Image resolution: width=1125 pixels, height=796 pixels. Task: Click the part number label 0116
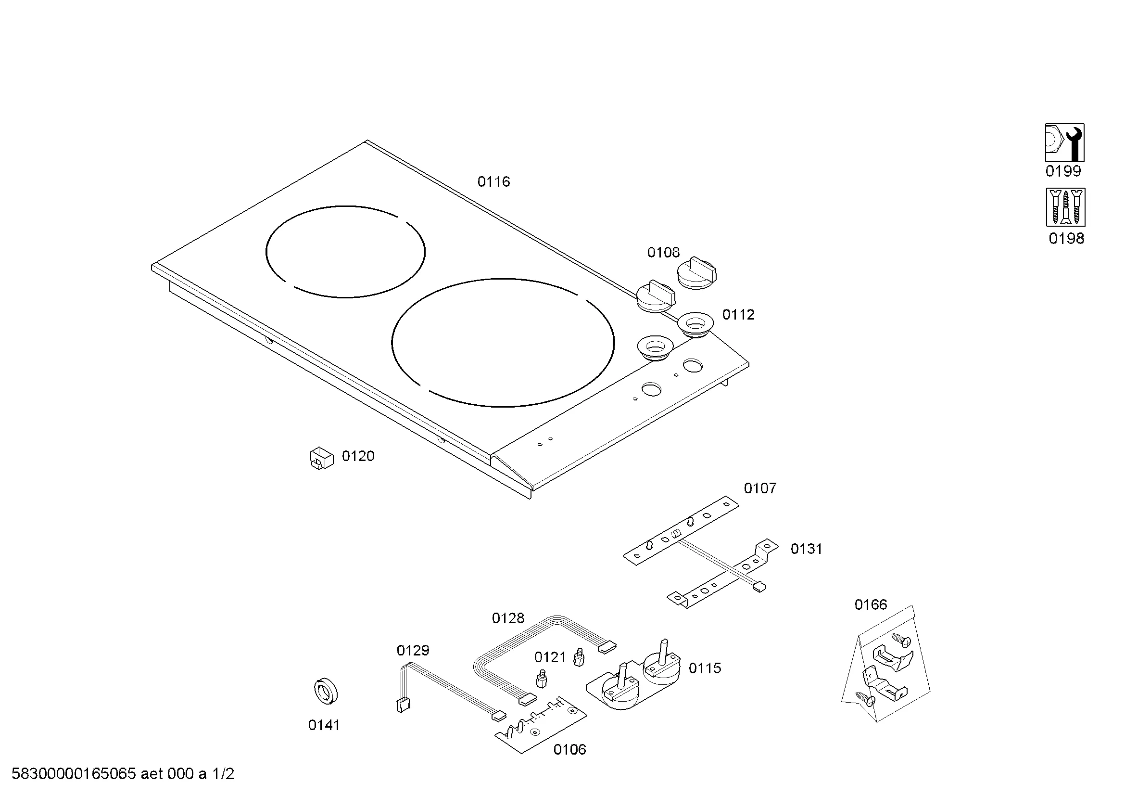(493, 182)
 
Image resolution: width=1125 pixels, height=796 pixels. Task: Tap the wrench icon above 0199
(1064, 142)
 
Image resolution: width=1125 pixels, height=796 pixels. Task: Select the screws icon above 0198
(1065, 207)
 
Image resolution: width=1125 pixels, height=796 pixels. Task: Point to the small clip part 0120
(321, 458)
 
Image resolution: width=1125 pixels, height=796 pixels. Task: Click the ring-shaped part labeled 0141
(325, 692)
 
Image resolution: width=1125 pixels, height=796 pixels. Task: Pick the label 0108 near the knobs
(663, 253)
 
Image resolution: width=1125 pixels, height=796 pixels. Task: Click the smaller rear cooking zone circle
(345, 251)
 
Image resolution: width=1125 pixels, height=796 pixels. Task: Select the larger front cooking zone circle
(502, 343)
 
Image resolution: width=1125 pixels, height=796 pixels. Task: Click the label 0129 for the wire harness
(413, 651)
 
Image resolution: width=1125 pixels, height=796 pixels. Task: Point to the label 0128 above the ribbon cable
(507, 618)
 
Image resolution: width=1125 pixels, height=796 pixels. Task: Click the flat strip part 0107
(681, 531)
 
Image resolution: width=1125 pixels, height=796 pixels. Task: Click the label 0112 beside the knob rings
(738, 315)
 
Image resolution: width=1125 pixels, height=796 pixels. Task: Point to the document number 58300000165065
(73, 774)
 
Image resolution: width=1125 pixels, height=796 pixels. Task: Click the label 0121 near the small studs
(550, 657)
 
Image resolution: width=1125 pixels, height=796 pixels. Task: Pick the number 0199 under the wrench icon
(1063, 171)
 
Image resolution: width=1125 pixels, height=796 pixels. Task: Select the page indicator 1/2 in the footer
(223, 774)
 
